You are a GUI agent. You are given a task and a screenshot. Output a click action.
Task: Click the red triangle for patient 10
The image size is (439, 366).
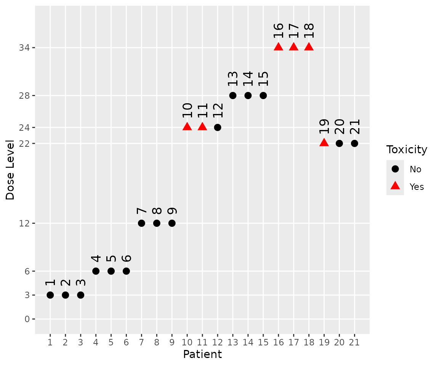(187, 127)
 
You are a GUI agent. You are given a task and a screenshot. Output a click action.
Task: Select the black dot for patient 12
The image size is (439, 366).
(218, 127)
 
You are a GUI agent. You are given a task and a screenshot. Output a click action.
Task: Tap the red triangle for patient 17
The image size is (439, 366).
(293, 47)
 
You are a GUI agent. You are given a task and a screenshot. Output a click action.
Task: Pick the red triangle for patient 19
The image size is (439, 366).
(324, 143)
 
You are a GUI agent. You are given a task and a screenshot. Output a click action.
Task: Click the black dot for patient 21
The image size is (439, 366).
(354, 143)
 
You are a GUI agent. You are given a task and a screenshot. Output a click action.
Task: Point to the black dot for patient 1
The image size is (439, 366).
(50, 295)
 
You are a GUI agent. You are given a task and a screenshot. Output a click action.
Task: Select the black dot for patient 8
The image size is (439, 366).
(157, 223)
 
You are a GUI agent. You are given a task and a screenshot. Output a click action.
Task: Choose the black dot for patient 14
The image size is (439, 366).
(248, 95)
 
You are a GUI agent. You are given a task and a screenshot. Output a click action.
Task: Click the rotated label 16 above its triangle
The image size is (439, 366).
(279, 30)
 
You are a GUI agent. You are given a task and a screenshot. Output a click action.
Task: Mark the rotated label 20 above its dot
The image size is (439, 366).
(339, 126)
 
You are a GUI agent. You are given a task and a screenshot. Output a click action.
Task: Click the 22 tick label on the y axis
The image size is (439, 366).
(25, 143)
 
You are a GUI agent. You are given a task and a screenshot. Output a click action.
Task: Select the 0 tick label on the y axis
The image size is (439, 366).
(27, 319)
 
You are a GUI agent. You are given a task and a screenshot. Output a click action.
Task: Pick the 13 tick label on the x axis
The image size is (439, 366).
(232, 342)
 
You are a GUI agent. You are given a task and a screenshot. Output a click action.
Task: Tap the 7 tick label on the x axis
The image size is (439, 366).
(141, 342)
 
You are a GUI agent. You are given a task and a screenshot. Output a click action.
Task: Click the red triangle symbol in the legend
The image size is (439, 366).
(395, 186)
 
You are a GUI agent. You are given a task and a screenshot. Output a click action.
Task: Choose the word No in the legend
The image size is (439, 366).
(415, 169)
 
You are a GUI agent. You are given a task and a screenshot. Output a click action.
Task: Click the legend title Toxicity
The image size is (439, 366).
(407, 150)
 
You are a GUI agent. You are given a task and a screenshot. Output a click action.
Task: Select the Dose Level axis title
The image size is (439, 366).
(10, 170)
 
